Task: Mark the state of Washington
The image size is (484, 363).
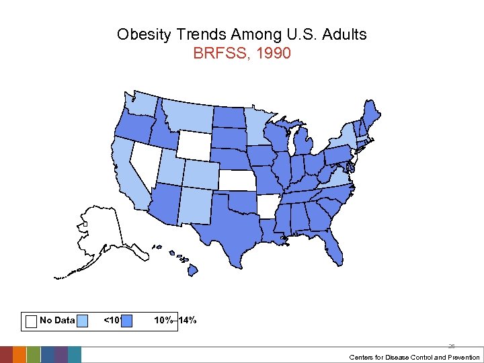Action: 141,104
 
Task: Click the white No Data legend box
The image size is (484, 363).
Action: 31,321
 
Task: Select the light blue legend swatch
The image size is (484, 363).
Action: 82,321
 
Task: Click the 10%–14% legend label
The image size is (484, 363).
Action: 175,320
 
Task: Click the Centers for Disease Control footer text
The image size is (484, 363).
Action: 414,357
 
